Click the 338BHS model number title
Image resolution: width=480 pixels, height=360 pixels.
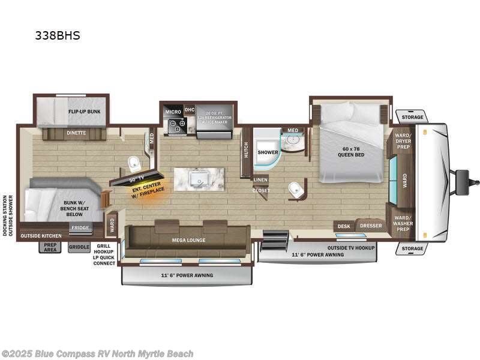57,35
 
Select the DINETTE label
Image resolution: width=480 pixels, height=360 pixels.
76,133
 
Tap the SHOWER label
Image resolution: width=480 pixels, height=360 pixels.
268,152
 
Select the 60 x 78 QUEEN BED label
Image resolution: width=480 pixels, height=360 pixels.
351,151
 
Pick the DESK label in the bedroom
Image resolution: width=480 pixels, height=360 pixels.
343,226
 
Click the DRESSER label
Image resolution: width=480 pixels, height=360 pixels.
371,226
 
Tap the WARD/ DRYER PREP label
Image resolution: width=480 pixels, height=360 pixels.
403,141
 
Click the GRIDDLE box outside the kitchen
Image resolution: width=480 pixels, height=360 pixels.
79,247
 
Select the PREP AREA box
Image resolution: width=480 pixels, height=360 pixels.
50,247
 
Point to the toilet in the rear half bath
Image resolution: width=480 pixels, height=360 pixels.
134,163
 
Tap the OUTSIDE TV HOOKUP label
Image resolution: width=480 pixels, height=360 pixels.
350,247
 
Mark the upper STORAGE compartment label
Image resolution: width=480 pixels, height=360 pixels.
412,117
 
